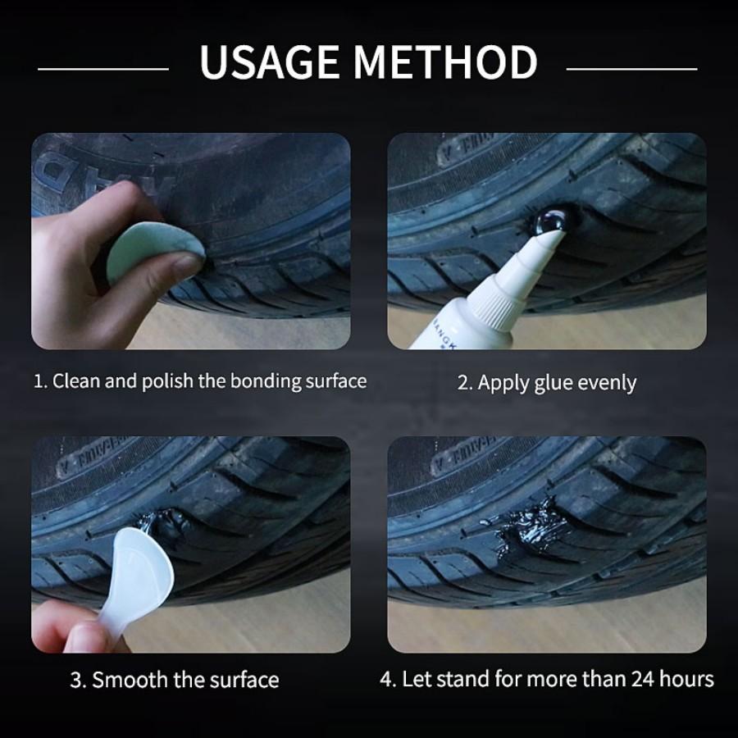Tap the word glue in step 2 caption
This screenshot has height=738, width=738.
pos(555,382)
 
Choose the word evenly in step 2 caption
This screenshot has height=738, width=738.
pos(608,383)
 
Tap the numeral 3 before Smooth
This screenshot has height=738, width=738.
pos(75,680)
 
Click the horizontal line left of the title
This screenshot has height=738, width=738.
pos(102,69)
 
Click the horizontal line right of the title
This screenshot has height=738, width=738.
pos(631,69)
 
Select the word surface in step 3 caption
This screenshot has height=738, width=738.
pos(242,680)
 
